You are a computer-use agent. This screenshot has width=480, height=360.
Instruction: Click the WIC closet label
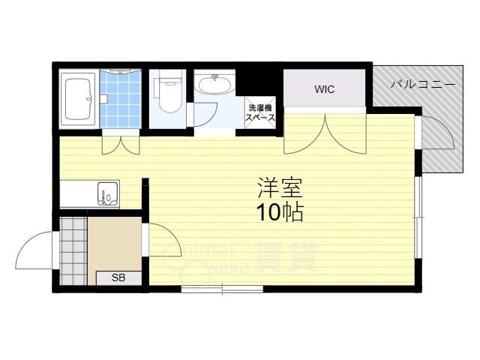(324, 89)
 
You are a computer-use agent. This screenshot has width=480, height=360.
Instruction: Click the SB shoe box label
(118, 277)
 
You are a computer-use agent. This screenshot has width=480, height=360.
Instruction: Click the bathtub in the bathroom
(77, 97)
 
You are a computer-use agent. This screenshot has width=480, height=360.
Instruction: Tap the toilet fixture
(169, 92)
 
